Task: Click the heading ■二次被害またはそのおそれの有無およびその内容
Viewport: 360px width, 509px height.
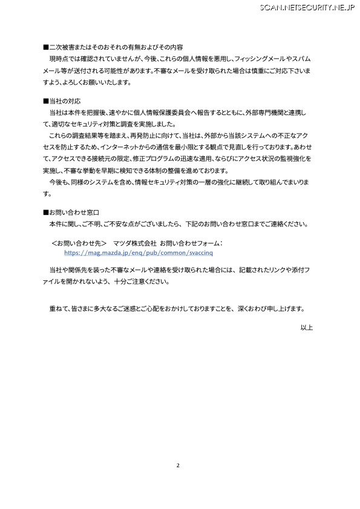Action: coord(113,47)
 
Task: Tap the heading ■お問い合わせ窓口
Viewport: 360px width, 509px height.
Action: coord(71,212)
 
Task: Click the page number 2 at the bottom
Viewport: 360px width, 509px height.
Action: coord(178,465)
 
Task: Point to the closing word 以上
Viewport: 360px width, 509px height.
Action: coord(306,327)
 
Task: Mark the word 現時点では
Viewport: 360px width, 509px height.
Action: coord(64,58)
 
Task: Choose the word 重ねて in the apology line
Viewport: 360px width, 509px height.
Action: coord(58,307)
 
